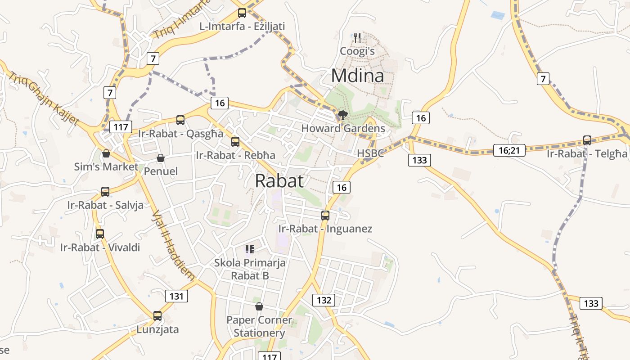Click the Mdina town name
click(x=358, y=76)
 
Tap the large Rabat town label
click(x=279, y=181)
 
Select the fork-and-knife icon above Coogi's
click(x=357, y=37)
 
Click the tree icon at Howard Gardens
click(x=342, y=115)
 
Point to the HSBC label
click(x=370, y=153)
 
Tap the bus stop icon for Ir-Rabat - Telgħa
click(x=587, y=140)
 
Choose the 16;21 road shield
click(x=509, y=150)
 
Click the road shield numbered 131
click(x=176, y=296)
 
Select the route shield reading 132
click(x=324, y=300)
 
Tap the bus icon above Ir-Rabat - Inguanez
click(x=325, y=216)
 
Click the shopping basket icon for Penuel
click(x=161, y=158)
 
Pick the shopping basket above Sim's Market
click(x=106, y=153)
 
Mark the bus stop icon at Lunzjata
click(x=157, y=316)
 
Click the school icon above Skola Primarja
click(x=250, y=249)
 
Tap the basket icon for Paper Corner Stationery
click(x=259, y=306)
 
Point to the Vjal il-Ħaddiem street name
click(x=173, y=245)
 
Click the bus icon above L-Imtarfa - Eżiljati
click(x=242, y=13)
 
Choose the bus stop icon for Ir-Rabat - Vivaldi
click(x=100, y=234)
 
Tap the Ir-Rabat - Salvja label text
click(x=105, y=205)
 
